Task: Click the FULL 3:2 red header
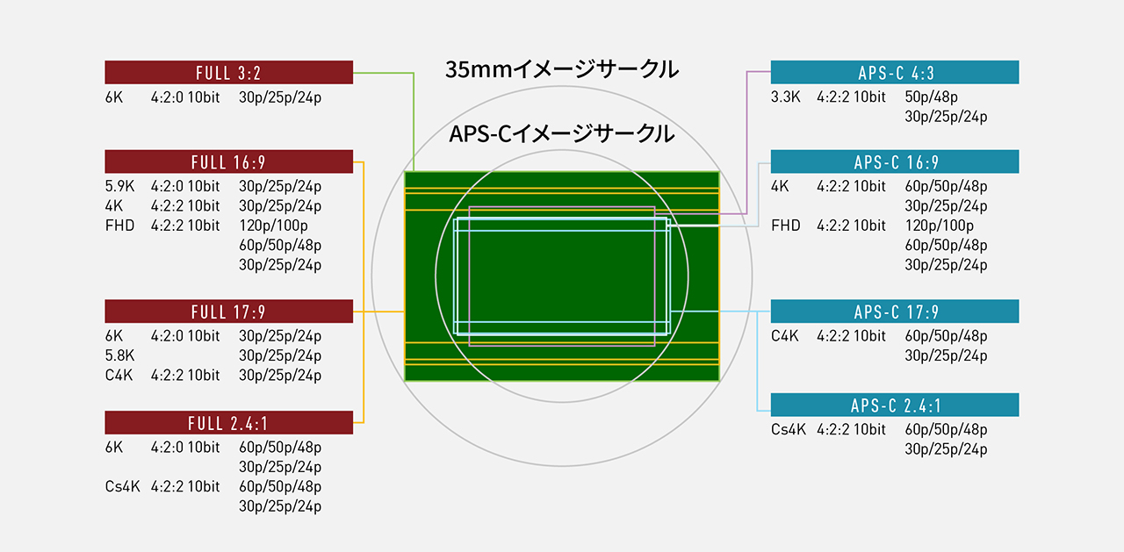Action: point(229,72)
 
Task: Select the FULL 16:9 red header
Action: point(229,161)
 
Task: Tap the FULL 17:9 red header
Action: point(229,312)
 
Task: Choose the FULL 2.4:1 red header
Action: point(229,423)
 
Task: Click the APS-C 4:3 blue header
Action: point(895,72)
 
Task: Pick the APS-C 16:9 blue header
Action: point(895,161)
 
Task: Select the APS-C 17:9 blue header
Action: point(895,312)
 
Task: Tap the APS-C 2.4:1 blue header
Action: point(895,405)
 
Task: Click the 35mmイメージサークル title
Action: point(562,69)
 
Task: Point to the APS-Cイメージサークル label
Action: point(561,134)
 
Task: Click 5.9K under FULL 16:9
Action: point(119,186)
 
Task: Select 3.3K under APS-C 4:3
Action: point(785,97)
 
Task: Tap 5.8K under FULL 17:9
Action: point(119,355)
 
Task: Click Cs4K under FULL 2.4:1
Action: point(122,486)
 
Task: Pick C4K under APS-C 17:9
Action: point(785,336)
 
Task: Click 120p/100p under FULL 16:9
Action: point(273,226)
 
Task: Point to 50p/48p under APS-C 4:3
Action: point(932,97)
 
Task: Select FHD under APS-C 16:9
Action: point(785,226)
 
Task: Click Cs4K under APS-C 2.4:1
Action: point(789,430)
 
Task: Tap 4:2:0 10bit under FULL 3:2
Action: point(185,97)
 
